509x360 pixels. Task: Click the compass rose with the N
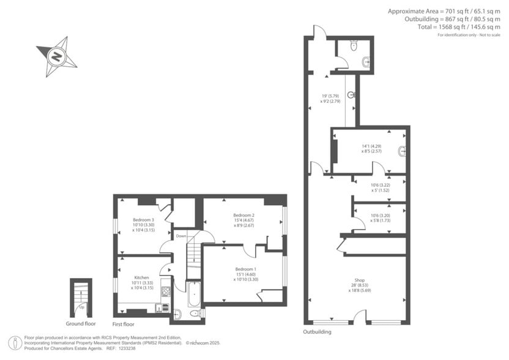coord(56,57)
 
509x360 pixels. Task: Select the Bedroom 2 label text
coord(243,216)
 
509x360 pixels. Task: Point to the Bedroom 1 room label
coord(245,269)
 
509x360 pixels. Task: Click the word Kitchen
coord(142,277)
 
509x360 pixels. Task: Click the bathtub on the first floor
coord(193,294)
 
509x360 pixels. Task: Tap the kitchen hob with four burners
coord(166,292)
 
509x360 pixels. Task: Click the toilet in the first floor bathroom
coord(195,313)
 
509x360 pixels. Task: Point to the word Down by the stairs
coord(181,236)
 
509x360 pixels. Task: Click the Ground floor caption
coord(81,323)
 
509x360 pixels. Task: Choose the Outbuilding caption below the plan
coord(317,332)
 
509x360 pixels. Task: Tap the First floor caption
coord(124,323)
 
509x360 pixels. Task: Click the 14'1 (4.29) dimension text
coord(371,146)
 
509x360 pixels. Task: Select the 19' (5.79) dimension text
coord(331,96)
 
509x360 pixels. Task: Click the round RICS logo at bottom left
coord(13,342)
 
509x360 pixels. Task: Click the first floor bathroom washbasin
coord(177,314)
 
